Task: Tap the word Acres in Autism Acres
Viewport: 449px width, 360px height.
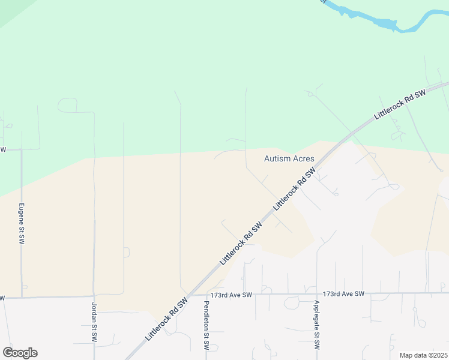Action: tap(303, 159)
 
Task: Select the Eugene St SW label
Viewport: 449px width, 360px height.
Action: tap(22, 223)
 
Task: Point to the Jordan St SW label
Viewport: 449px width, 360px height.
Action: tap(94, 322)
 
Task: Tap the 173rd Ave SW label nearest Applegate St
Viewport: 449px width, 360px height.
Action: tap(343, 294)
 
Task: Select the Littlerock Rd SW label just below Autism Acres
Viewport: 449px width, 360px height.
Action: tap(294, 188)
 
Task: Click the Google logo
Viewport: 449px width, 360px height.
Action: tap(20, 353)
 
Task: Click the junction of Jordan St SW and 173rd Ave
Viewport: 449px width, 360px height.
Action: tap(94, 296)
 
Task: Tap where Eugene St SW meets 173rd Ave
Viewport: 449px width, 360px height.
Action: tap(22, 296)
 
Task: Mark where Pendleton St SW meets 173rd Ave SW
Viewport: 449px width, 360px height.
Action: tap(206, 295)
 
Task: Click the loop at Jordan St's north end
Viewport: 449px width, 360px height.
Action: tap(68, 104)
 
